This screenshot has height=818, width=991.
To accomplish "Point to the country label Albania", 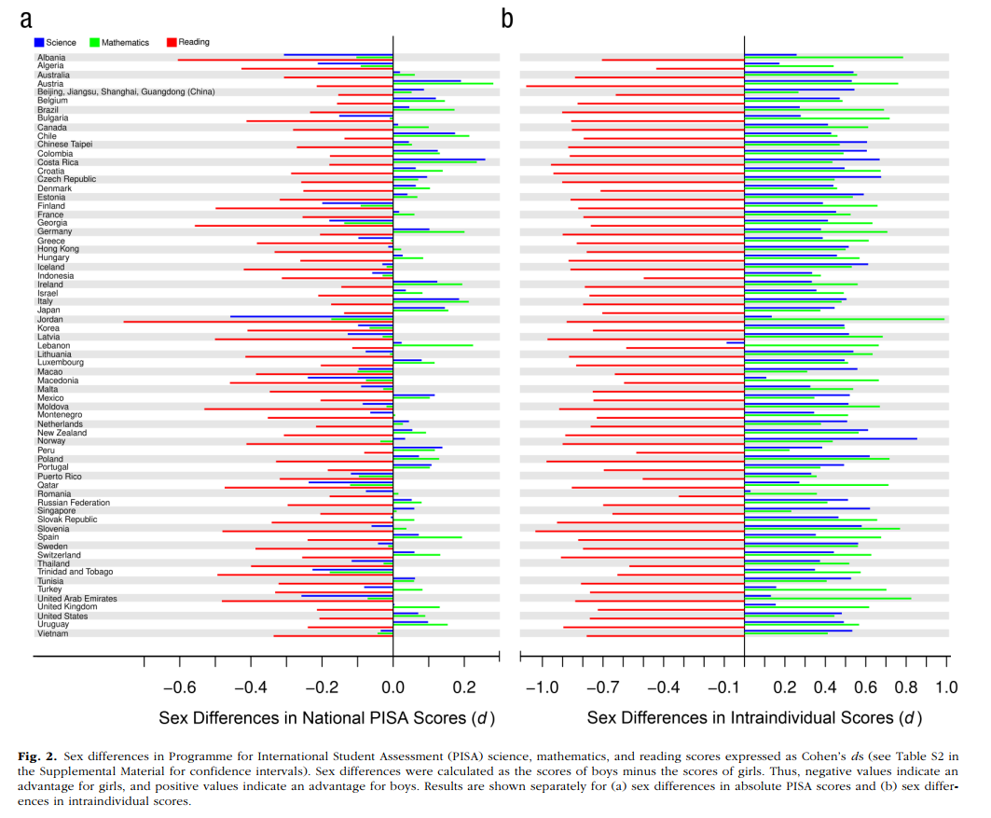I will (x=51, y=57).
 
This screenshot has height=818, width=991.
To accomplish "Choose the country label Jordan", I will (x=49, y=319).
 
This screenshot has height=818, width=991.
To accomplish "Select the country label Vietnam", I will (x=51, y=633).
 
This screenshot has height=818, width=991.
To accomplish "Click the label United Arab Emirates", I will (x=77, y=598).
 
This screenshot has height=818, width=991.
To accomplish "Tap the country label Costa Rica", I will (x=58, y=162).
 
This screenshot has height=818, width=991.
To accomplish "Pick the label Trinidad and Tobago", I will (x=76, y=572).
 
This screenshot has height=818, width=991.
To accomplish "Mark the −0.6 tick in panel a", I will (x=179, y=687).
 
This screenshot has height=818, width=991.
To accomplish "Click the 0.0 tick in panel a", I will (x=392, y=687).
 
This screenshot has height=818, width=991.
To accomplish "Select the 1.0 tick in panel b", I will (x=946, y=687).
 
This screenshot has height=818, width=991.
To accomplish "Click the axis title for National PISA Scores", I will (x=326, y=718).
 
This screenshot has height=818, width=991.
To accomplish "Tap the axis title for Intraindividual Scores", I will (x=754, y=718).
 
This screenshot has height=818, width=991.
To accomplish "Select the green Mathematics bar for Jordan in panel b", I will (x=844, y=319).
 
